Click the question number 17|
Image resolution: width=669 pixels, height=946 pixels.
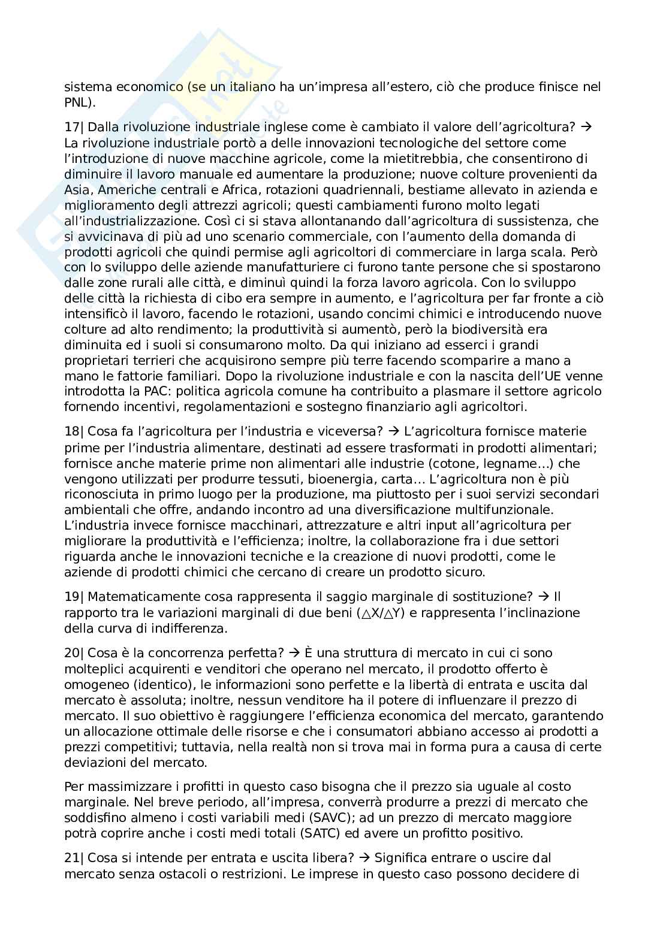pyautogui.click(x=74, y=127)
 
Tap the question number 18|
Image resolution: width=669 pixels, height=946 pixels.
pyautogui.click(x=74, y=431)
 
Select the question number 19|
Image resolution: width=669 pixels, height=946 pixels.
pyautogui.click(x=74, y=597)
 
